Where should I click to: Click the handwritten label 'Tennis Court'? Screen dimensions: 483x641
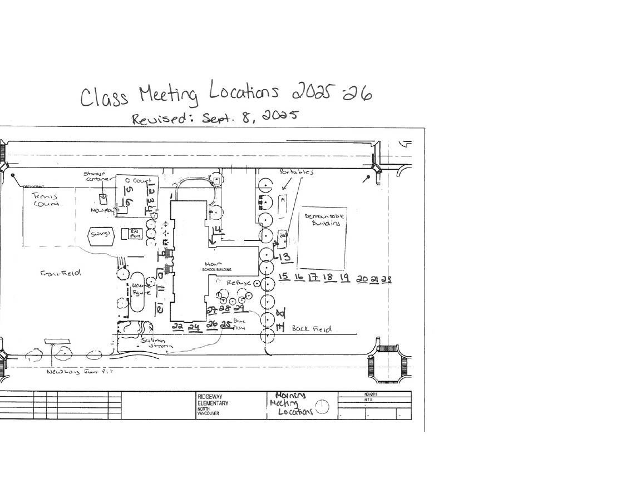(47, 200)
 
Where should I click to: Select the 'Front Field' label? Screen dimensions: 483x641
(61, 273)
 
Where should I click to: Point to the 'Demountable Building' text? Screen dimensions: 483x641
(325, 219)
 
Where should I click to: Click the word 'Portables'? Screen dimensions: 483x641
(297, 172)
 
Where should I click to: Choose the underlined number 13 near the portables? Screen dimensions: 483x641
(284, 257)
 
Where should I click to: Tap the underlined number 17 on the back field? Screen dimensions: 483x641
(313, 278)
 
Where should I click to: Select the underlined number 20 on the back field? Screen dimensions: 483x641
(362, 279)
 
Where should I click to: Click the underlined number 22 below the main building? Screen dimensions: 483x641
(177, 327)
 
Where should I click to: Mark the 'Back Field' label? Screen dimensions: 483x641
(312, 329)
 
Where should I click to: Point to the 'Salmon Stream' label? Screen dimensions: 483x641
(156, 343)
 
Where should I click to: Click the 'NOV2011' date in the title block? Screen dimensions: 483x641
(369, 394)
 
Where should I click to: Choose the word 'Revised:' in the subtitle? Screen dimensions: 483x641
(153, 118)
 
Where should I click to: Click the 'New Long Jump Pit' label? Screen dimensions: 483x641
(80, 372)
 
